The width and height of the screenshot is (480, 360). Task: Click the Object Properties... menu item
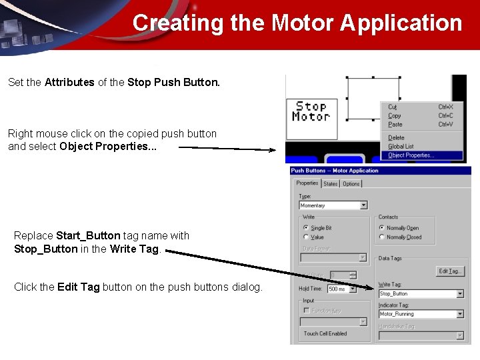coord(411,155)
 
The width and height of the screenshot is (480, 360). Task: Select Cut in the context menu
coord(393,107)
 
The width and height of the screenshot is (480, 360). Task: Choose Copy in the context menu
coord(395,115)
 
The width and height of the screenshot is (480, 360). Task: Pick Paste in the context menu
coord(395,124)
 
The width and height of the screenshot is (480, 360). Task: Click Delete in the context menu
coord(396,137)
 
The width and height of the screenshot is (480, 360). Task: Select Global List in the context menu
coord(401,146)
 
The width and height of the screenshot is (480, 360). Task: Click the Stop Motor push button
coord(311,111)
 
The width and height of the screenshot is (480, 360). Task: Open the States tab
coord(331,184)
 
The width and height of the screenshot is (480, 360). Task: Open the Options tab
coord(351,184)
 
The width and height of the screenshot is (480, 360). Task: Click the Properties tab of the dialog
coord(307,183)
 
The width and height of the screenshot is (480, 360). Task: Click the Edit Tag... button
coord(450,271)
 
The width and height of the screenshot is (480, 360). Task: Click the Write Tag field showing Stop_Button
coord(417,293)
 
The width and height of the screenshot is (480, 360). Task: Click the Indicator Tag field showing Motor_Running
coord(417,313)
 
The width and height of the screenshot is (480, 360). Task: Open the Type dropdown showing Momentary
coord(333,205)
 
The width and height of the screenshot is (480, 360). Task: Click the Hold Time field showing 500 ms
coord(340,289)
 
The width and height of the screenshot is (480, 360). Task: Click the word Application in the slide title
coord(401,23)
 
